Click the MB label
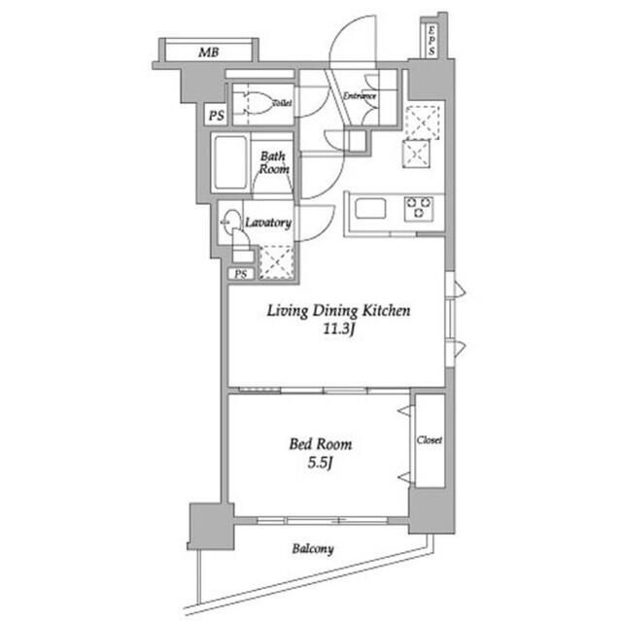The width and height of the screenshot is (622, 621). (208, 51)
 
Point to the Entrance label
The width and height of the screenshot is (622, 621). (360, 96)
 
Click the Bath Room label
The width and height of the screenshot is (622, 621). (273, 161)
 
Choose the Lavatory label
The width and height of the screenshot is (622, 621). (268, 223)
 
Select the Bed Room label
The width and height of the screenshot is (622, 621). (320, 444)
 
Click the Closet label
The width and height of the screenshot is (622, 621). (430, 440)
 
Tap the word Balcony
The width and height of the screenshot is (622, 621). (312, 549)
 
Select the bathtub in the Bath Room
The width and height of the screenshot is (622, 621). (231, 161)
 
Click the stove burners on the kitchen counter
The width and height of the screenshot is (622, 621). (420, 207)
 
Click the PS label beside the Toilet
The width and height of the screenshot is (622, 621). (215, 117)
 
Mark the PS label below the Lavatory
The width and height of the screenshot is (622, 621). (239, 274)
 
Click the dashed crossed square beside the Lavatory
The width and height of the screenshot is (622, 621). (277, 260)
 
